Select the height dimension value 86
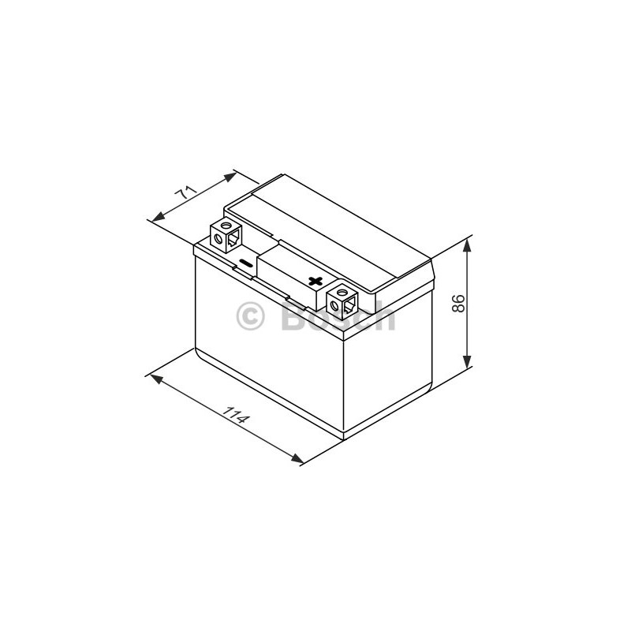point(458,304)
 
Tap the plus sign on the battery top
point(315,281)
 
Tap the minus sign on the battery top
point(245,263)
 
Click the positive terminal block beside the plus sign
point(342,302)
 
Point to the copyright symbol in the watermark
point(250,316)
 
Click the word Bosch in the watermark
point(338,316)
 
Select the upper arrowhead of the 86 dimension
point(467,245)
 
